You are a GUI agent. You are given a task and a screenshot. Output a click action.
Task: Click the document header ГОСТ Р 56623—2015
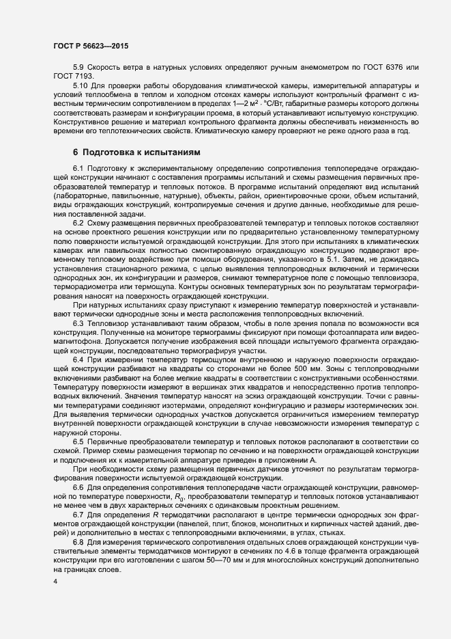(90, 45)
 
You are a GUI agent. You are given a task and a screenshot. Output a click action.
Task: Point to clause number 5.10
(81, 84)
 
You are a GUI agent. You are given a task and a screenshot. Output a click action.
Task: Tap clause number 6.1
(78, 168)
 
